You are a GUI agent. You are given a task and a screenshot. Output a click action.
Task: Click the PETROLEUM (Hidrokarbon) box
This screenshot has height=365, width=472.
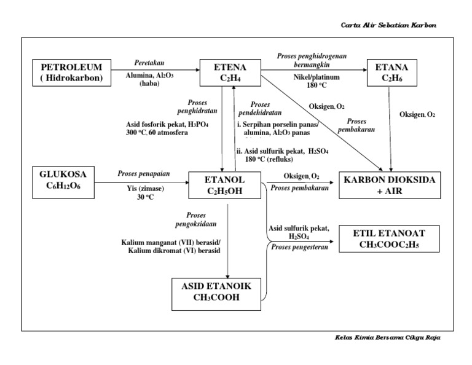[72, 72]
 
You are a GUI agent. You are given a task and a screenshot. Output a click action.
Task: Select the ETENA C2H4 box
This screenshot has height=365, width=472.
[231, 72]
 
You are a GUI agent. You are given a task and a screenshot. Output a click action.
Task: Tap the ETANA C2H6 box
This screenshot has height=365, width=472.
[391, 72]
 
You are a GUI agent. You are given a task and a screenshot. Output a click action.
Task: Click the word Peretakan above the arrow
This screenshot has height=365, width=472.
[150, 63]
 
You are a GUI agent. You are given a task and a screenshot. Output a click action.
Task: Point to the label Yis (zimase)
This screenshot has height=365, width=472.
[143, 190]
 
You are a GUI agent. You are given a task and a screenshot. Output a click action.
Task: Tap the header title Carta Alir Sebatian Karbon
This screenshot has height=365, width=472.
[390, 25]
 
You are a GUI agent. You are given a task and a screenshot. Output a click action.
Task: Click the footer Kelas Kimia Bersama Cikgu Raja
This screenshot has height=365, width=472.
[388, 337]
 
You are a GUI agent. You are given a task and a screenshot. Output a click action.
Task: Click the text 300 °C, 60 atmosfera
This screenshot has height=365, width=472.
[156, 133]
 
